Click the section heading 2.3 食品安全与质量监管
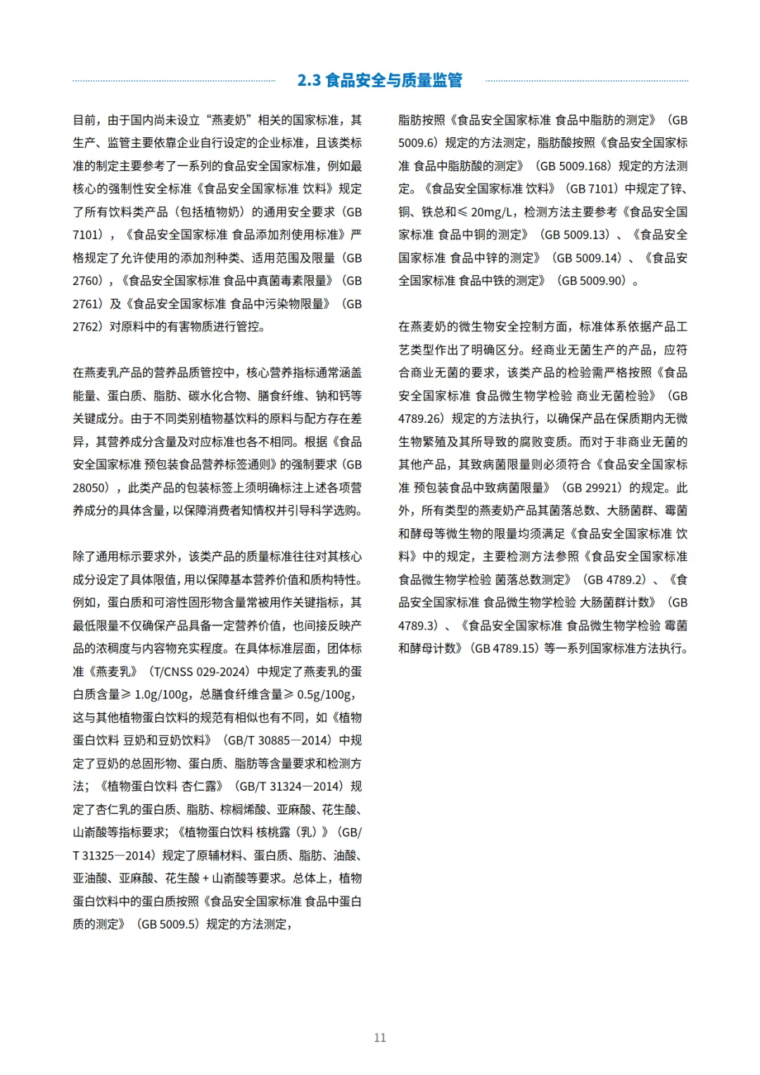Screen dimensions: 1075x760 pos(380,80)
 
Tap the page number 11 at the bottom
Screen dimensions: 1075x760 pos(380,1038)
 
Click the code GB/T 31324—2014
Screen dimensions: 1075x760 pos(289,786)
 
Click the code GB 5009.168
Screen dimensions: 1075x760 pos(574,166)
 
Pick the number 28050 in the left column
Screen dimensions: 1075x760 pos(90,488)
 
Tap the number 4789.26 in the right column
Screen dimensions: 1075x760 pos(420,419)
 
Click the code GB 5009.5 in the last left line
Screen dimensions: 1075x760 pos(167,924)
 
